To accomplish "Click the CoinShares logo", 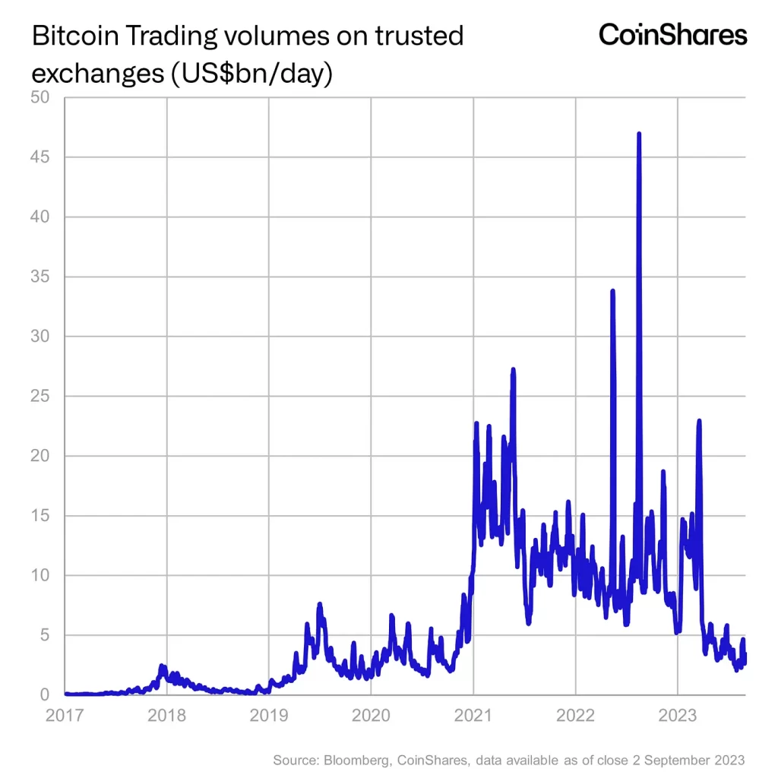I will point(672,34).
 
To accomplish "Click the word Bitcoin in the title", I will point(71,36).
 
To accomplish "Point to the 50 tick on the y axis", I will point(39,97).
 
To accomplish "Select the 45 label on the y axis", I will point(39,157).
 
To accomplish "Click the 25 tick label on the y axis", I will point(39,396).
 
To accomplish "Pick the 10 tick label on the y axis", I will point(40,575).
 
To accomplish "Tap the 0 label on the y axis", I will point(45,694).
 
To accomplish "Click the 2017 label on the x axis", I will point(64,715).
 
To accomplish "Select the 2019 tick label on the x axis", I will point(268,715).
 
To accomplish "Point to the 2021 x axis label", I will point(473,715).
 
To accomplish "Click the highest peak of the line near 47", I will point(639,134).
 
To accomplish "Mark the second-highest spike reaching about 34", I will point(612,292).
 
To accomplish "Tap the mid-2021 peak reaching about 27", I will point(513,371).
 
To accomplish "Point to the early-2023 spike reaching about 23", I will point(698,421).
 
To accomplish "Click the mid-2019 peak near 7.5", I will point(320,605).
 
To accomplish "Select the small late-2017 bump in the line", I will point(162,666).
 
